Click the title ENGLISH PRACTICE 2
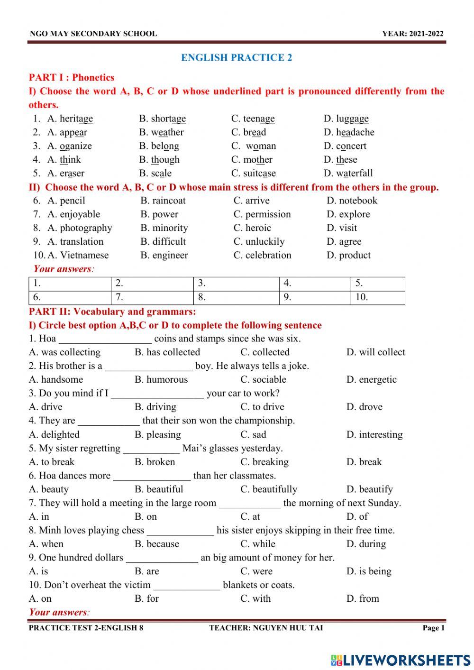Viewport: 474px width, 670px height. [237, 58]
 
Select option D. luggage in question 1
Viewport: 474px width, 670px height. [346, 119]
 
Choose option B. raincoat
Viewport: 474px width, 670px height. [163, 201]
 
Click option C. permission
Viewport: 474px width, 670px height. [262, 214]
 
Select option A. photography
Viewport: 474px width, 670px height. [80, 228]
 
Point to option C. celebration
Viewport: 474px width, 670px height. [262, 255]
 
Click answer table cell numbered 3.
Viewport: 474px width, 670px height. [236, 284]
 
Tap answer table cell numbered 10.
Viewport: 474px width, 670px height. [378, 297]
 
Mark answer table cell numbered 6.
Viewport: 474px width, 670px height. [70, 297]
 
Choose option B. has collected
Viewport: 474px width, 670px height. [167, 352]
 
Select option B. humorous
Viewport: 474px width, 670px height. [161, 380]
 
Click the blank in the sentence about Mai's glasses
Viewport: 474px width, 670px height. [151, 449]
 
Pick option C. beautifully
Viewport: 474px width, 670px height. [269, 489]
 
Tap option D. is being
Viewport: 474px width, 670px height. [369, 571]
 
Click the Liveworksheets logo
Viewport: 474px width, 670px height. [401, 660]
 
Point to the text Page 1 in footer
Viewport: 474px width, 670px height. [433, 628]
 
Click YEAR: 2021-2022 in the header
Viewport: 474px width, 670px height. [413, 34]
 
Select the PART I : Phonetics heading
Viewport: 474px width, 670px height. [72, 78]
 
